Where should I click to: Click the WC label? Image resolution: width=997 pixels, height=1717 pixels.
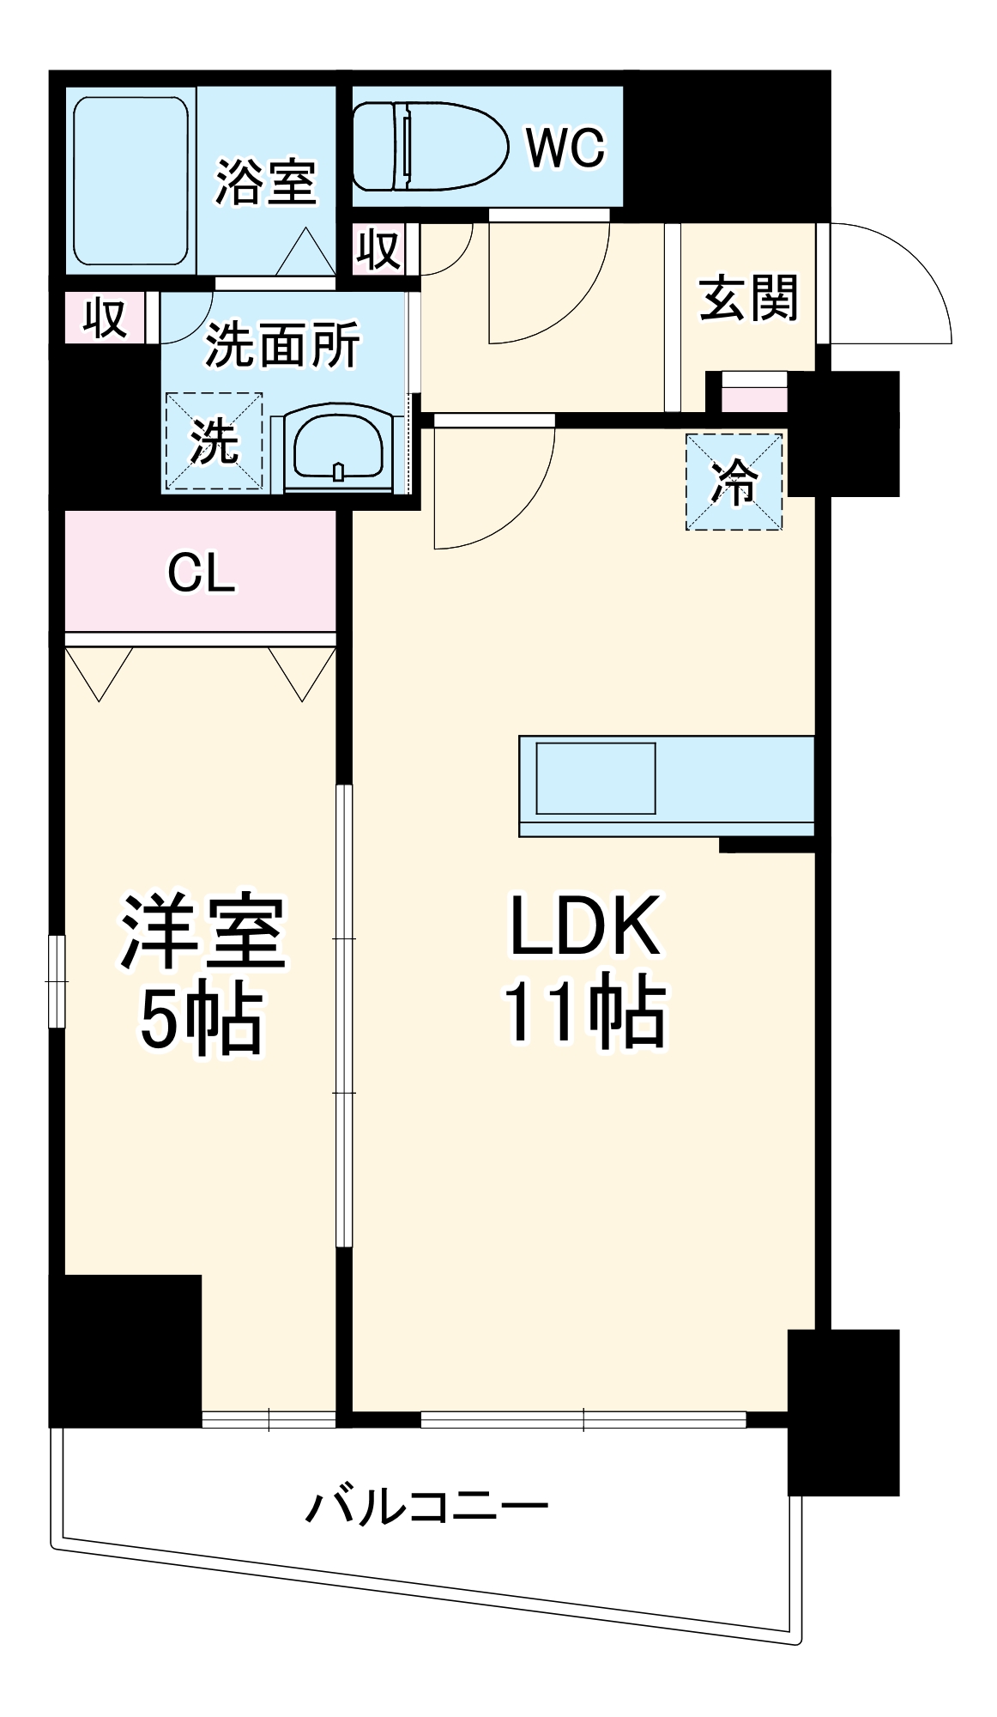pos(566,148)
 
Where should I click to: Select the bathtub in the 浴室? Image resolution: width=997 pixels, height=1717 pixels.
pos(130,181)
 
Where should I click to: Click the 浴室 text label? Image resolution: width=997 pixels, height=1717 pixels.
pos(266,182)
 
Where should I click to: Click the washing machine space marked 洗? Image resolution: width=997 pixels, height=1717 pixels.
pos(214,441)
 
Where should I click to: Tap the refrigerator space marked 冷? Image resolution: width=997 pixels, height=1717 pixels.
pos(734,482)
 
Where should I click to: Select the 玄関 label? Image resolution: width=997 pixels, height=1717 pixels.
pos(749,298)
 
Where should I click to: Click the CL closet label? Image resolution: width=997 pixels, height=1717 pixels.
pos(201,573)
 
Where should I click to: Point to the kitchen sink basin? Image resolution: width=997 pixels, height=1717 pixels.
pos(595,778)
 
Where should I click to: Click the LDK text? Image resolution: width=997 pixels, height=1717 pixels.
pos(585,925)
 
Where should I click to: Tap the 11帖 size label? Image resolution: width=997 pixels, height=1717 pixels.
pos(585,1011)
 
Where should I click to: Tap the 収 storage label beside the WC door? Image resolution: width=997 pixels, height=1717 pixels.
pos(378,249)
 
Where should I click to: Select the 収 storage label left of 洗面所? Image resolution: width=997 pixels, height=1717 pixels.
pos(105,318)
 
